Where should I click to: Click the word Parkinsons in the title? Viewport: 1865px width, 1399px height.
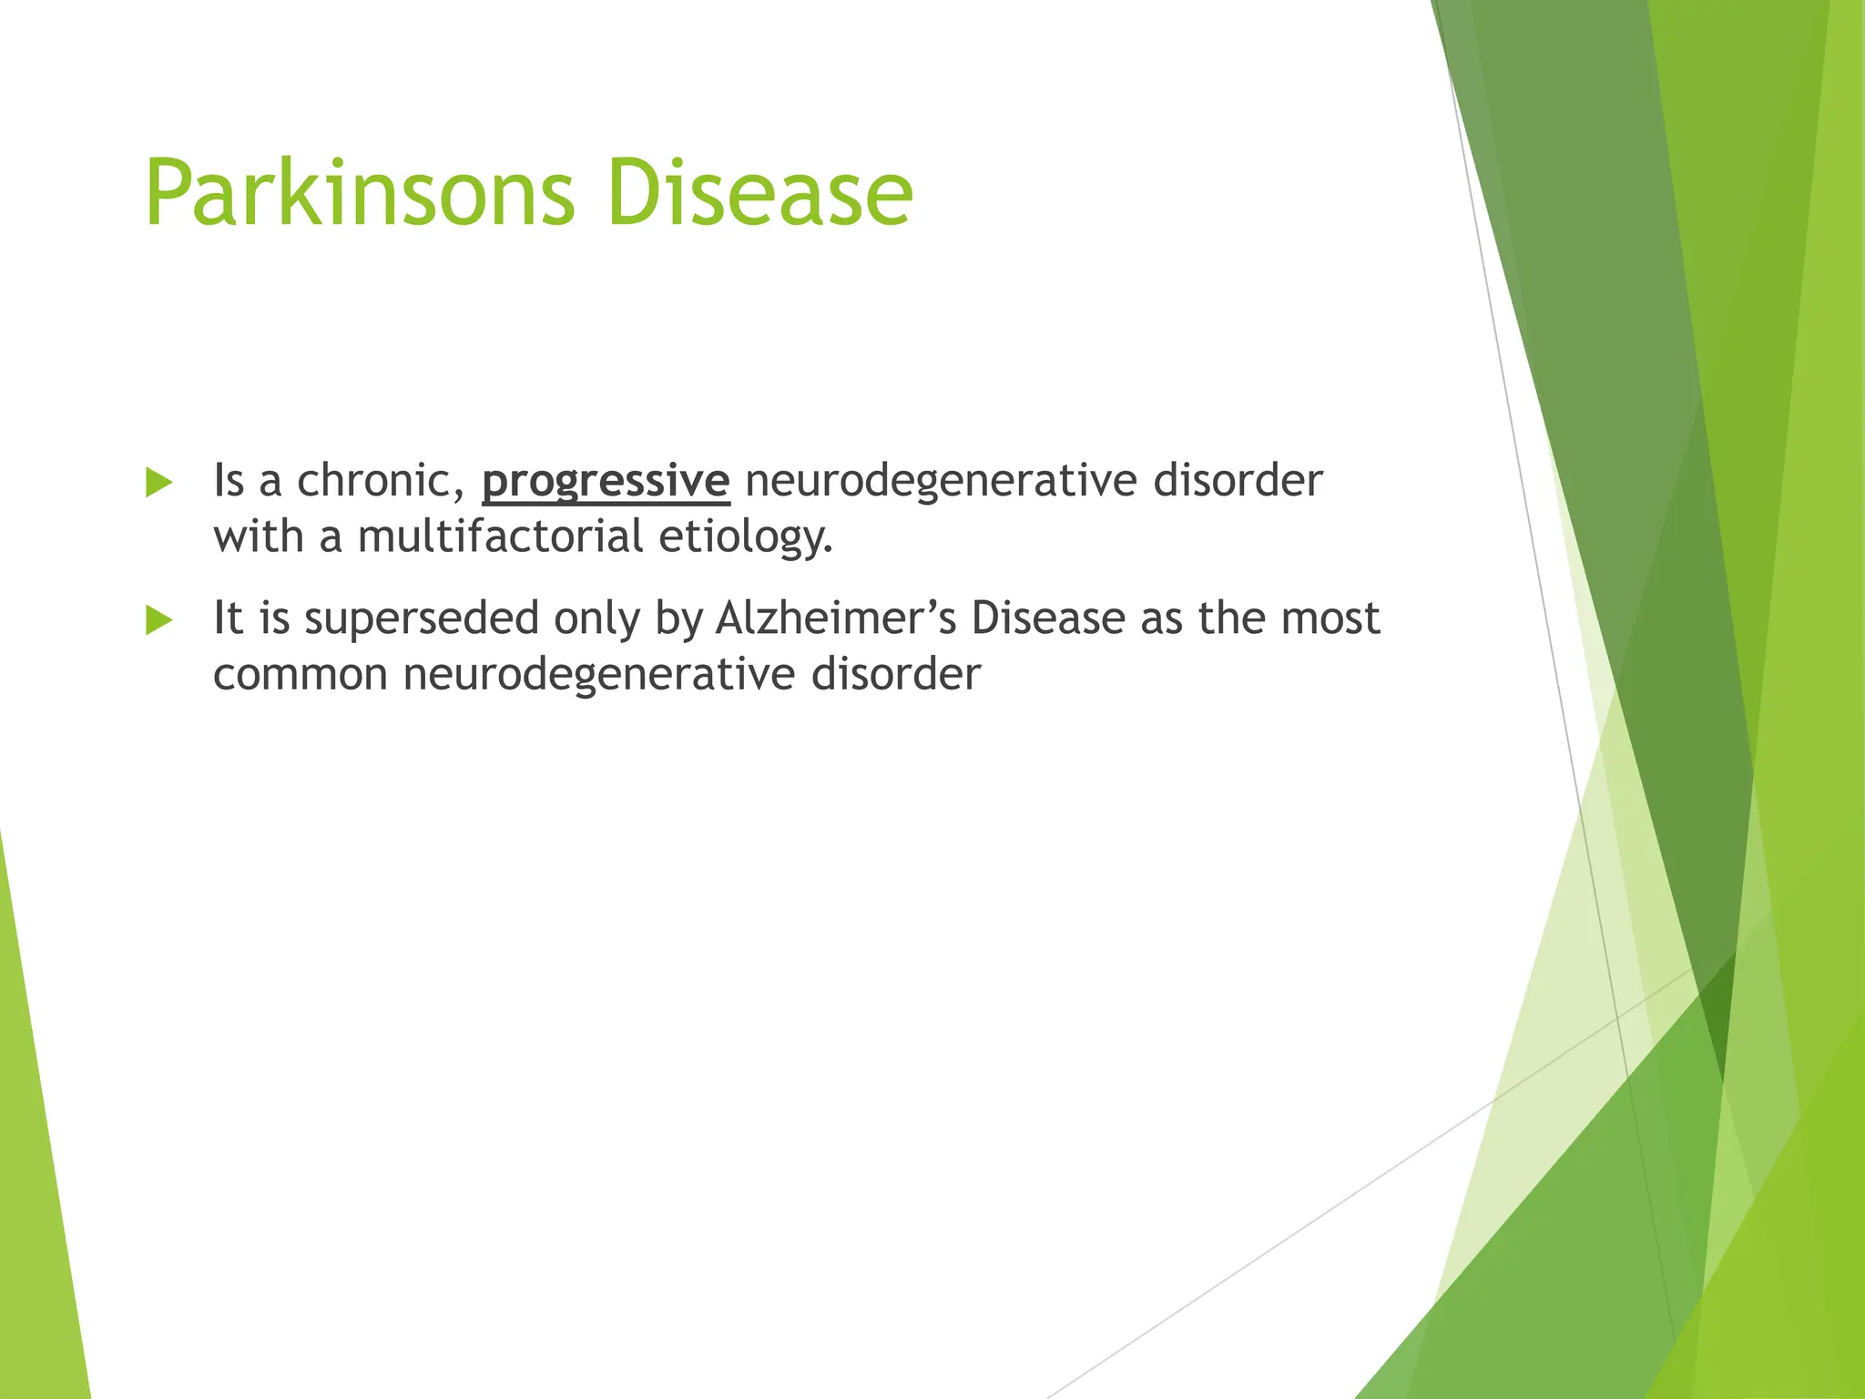360,193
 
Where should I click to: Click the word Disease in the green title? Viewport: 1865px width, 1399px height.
759,193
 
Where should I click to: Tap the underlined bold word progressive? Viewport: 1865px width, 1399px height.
606,481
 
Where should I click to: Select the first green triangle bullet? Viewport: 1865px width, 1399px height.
158,483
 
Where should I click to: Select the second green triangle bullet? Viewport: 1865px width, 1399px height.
158,621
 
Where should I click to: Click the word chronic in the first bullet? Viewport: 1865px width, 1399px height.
381,480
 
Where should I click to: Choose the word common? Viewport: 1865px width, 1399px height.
301,675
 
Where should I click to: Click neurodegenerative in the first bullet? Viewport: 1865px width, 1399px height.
941,481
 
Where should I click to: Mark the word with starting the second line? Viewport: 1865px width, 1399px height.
259,536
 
